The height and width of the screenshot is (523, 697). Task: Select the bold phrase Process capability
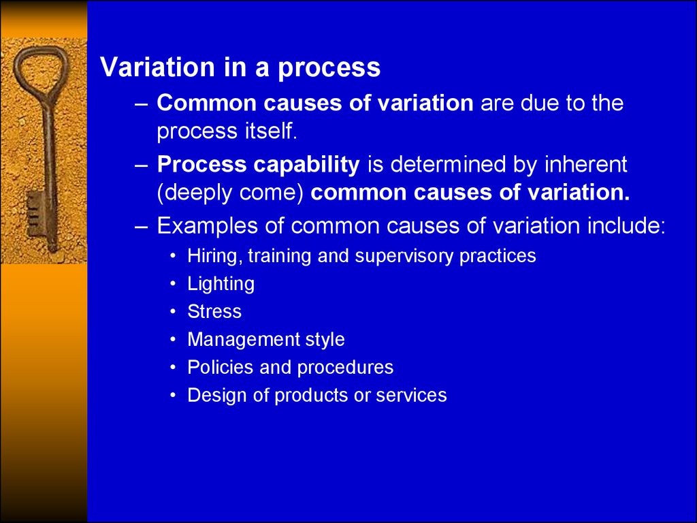click(258, 165)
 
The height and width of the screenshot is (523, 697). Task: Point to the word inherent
click(585, 164)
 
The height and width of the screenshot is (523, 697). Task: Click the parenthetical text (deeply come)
click(230, 193)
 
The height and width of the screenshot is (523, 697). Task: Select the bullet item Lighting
click(221, 285)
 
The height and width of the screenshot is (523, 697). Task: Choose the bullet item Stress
click(214, 311)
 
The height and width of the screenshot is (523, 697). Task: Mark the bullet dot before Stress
click(174, 312)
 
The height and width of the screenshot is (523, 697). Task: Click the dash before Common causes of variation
click(141, 104)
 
